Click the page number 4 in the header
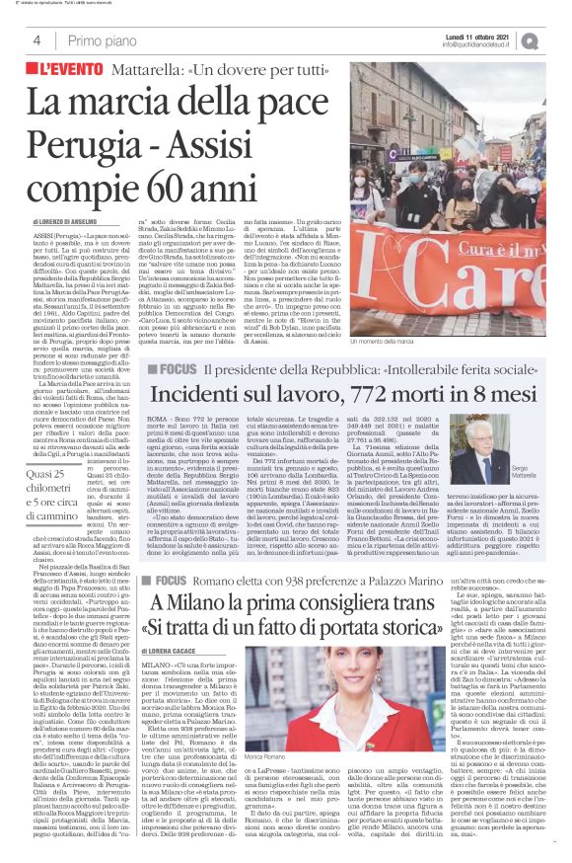(x=36, y=39)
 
